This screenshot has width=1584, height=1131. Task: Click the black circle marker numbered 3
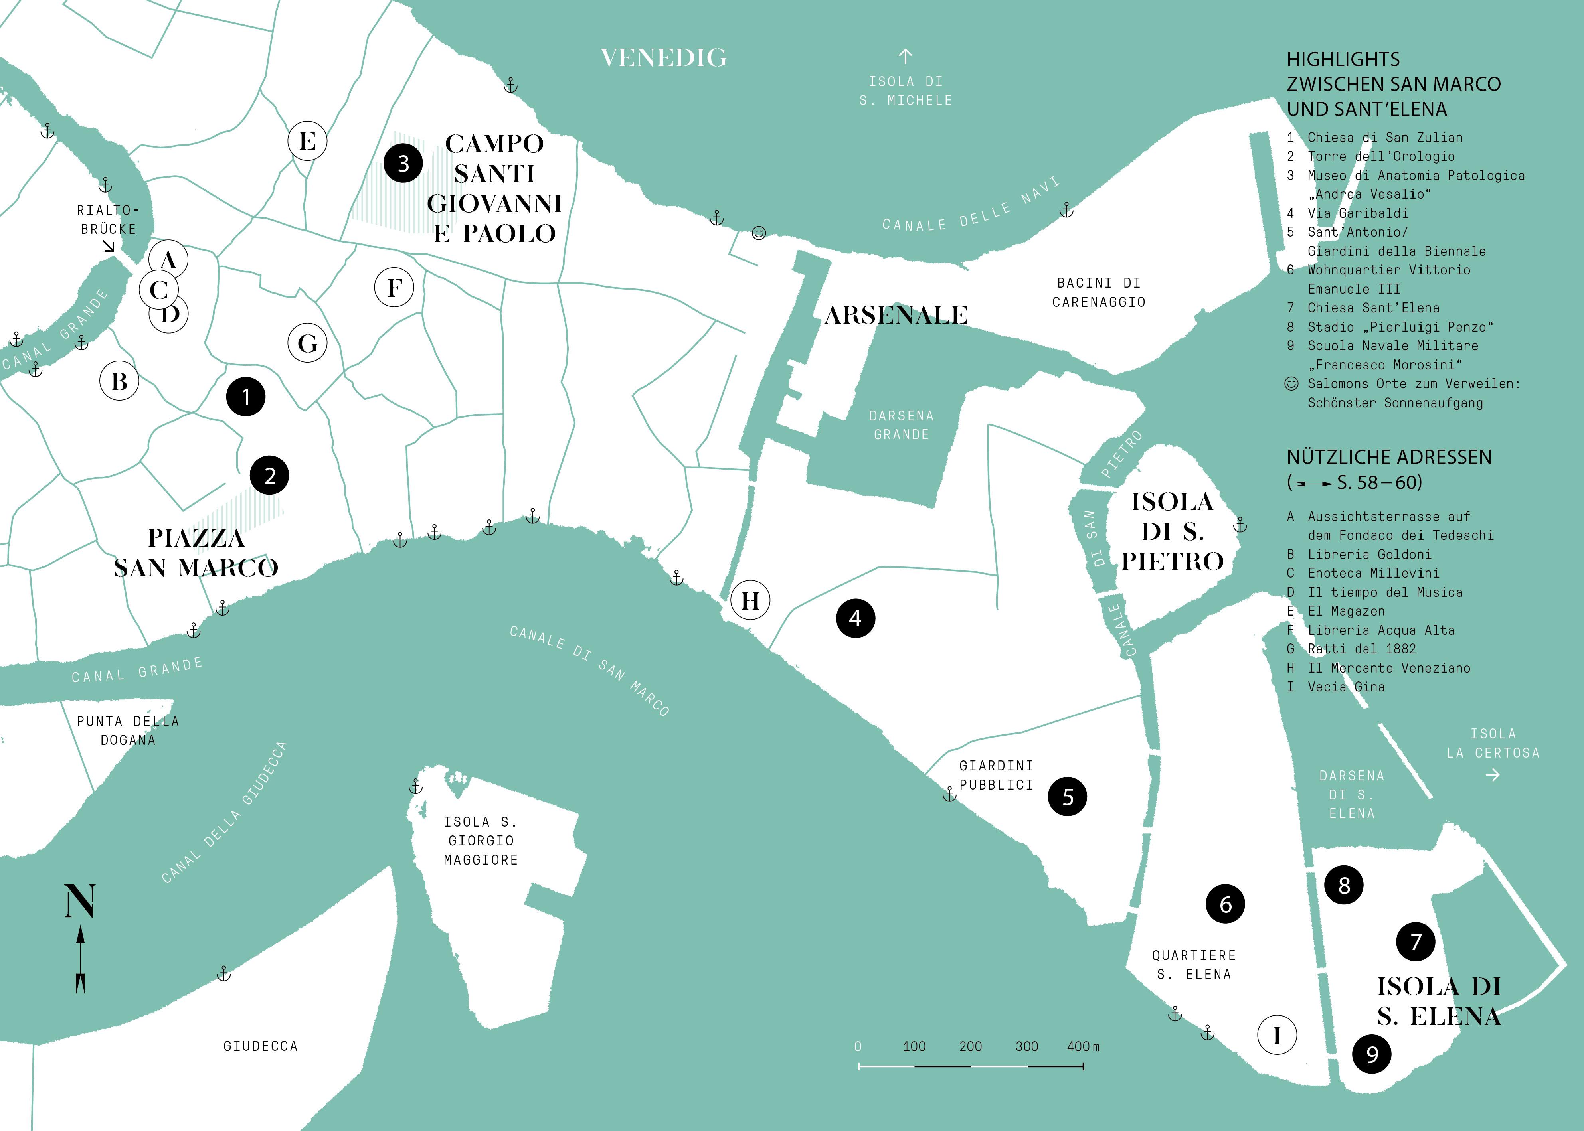point(403,164)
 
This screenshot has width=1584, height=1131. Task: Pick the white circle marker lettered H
point(750,600)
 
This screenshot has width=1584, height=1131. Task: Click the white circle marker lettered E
point(307,141)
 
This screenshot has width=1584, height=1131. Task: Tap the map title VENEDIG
point(663,58)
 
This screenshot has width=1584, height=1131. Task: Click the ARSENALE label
point(896,315)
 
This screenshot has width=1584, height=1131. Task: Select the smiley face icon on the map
point(759,233)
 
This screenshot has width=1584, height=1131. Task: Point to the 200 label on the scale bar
point(970,1046)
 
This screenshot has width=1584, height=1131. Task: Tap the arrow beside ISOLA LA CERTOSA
point(1492,774)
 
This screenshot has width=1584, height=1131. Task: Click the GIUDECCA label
point(261,1046)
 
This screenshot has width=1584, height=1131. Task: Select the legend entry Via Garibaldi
point(1357,213)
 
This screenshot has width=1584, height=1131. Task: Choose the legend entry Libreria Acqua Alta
point(1380,630)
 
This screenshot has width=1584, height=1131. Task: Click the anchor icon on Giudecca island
point(223,973)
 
